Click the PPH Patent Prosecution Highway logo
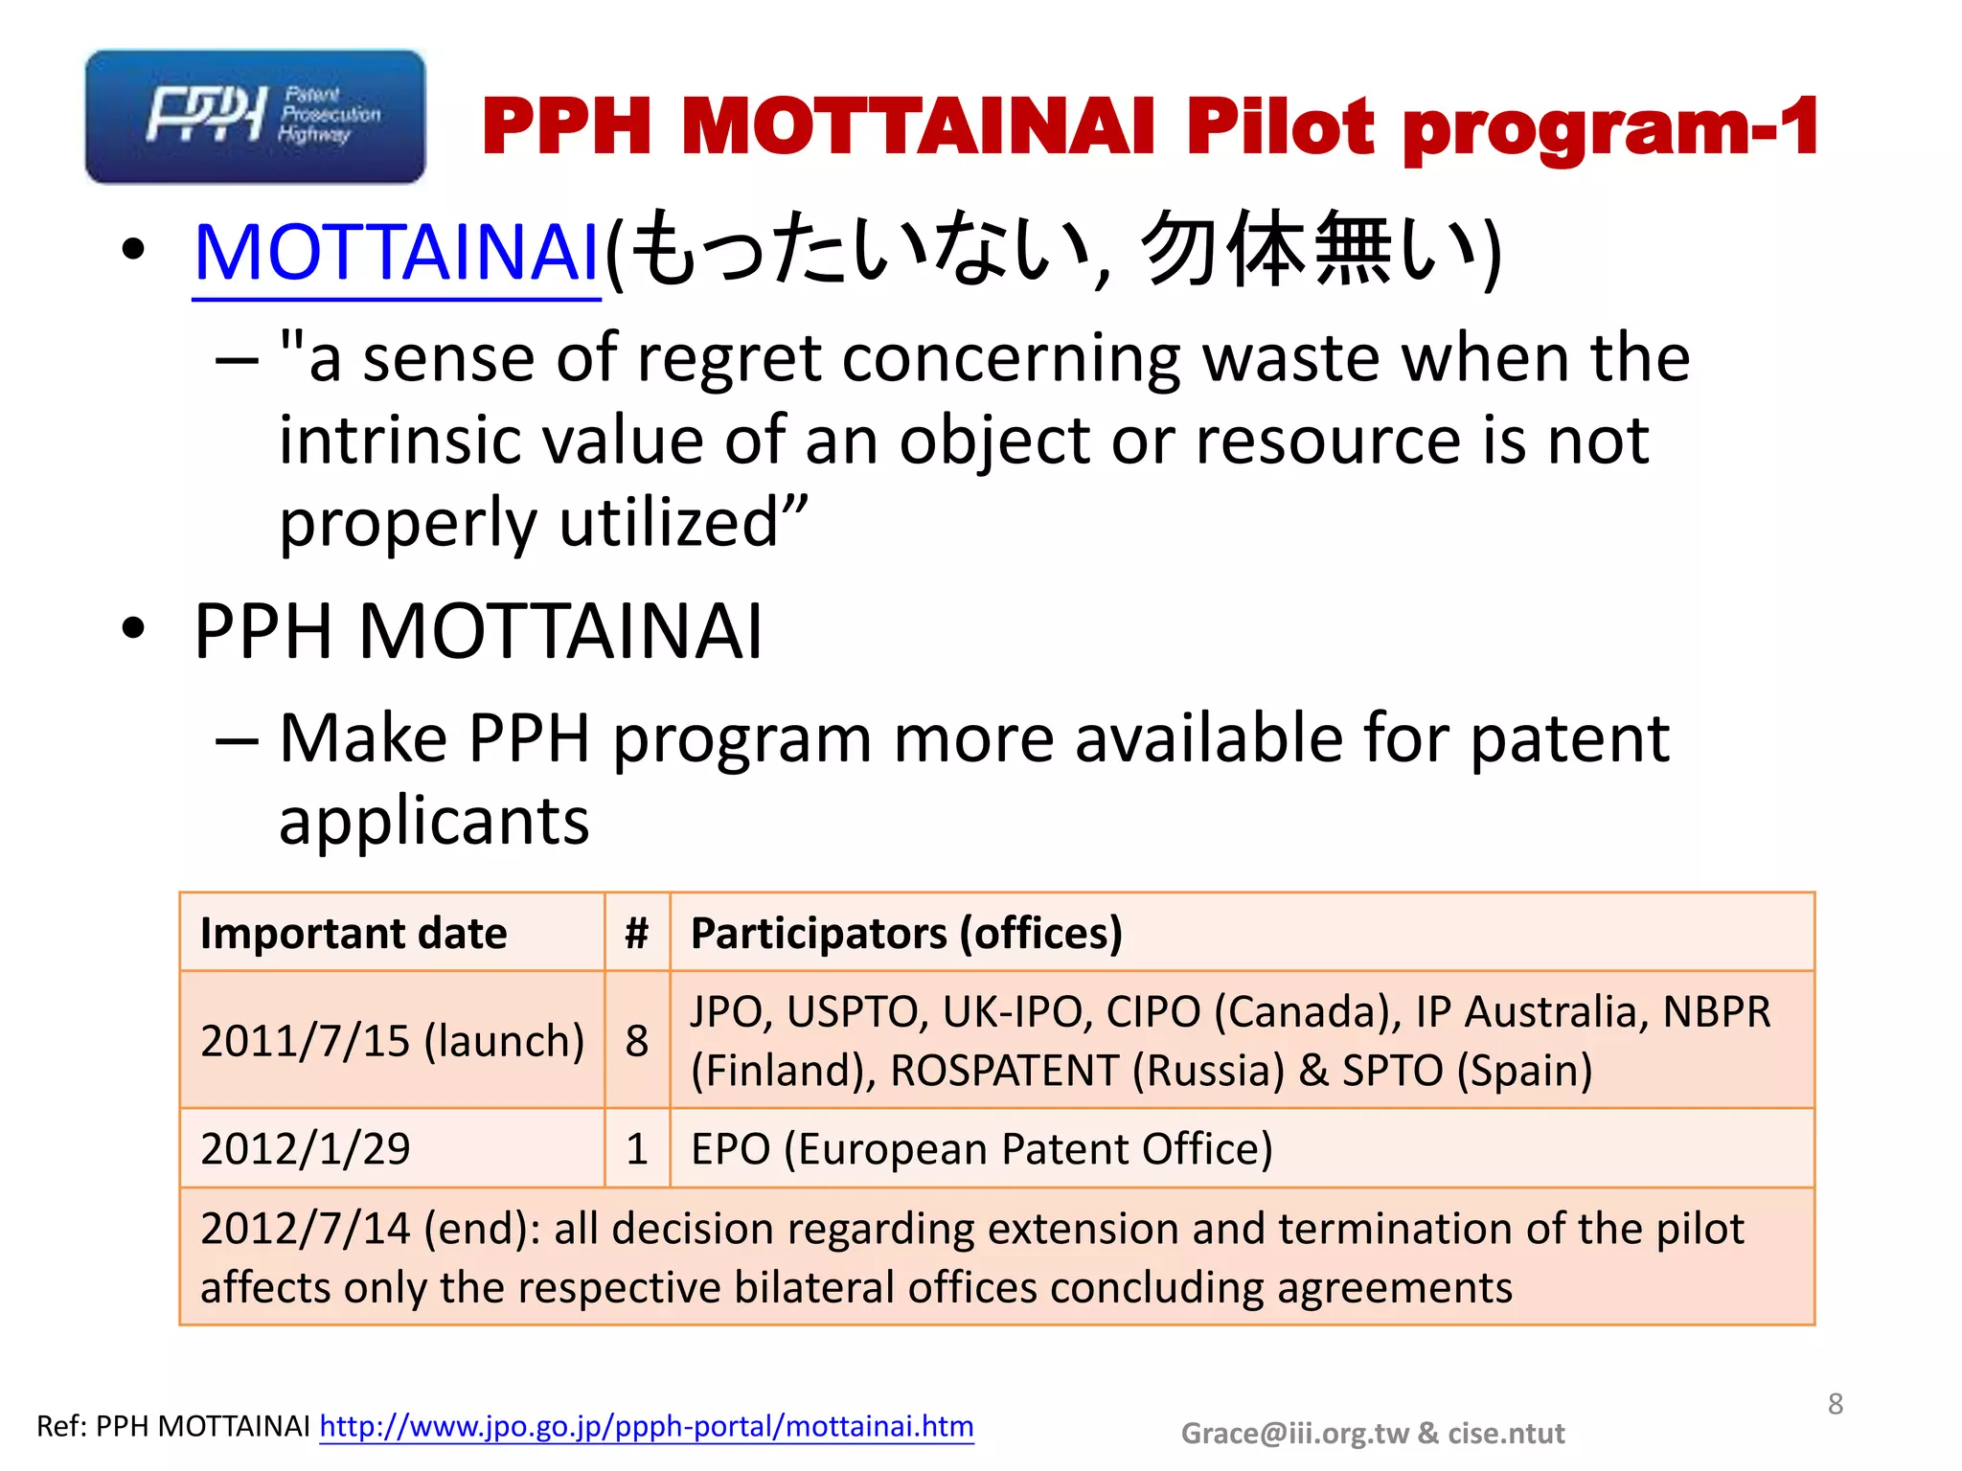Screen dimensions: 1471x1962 (255, 117)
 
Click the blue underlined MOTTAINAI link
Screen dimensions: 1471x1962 (397, 253)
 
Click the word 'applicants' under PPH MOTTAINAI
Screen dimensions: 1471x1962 (434, 822)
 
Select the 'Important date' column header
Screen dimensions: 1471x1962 (354, 933)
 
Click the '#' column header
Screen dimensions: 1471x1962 (637, 933)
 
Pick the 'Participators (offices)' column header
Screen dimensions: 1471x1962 (906, 933)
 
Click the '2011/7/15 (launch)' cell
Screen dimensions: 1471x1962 (392, 1041)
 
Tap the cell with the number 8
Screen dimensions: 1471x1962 (637, 1041)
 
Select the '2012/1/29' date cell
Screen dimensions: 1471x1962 (306, 1148)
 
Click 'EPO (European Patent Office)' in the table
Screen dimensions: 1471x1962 (982, 1148)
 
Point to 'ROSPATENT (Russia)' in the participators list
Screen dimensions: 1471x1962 (1087, 1071)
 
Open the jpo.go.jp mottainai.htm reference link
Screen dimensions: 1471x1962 (647, 1426)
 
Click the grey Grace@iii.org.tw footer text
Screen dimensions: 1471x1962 (1372, 1433)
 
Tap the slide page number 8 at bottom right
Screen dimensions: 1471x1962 (1835, 1404)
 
